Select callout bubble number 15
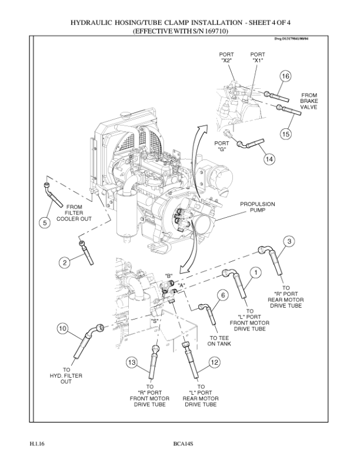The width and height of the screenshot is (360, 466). coord(286,134)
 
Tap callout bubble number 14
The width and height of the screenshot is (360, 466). coord(269,159)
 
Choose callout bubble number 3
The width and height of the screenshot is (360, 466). coord(289,241)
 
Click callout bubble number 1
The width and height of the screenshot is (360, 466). coord(255,272)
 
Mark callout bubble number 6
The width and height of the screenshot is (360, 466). coord(222,295)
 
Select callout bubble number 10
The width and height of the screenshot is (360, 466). coord(62,329)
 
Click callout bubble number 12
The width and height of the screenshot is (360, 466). coord(214,363)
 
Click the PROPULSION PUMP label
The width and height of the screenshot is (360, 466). coord(257,208)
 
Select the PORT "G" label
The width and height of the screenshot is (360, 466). coord(222,146)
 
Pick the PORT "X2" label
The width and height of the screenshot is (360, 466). coord(226,57)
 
